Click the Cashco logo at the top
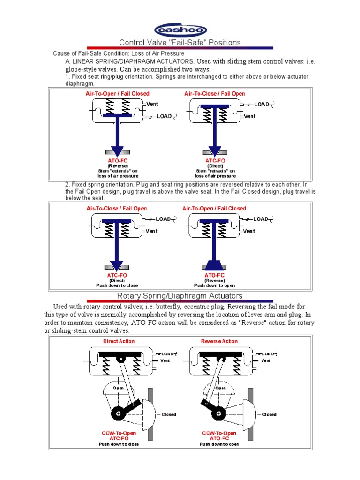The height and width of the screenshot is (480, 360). pyautogui.click(x=180, y=30)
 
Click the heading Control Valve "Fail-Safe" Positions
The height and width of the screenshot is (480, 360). pyautogui.click(x=180, y=43)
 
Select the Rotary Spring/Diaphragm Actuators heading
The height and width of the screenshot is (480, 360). pyautogui.click(x=180, y=296)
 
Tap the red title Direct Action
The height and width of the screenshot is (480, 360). pyautogui.click(x=119, y=341)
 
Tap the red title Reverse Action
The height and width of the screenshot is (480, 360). pyautogui.click(x=219, y=341)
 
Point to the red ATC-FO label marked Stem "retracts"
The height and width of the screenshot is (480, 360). pyautogui.click(x=215, y=161)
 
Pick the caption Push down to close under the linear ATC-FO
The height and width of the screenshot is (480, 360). pyautogui.click(x=117, y=285)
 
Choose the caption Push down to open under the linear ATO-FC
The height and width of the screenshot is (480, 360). pyautogui.click(x=215, y=285)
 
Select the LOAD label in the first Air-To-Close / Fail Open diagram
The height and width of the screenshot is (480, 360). pyautogui.click(x=261, y=104)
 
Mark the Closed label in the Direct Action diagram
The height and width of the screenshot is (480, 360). pyautogui.click(x=169, y=414)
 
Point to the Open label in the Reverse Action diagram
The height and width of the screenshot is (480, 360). pyautogui.click(x=220, y=388)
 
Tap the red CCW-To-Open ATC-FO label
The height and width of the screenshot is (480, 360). pyautogui.click(x=119, y=436)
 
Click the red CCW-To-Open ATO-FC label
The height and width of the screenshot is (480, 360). pyautogui.click(x=219, y=436)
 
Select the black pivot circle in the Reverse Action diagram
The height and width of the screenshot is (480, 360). pyautogui.click(x=217, y=414)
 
